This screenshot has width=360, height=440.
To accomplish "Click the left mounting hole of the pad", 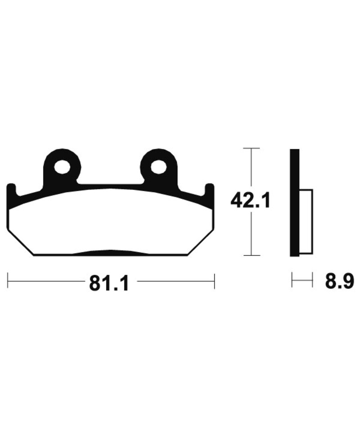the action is pyautogui.click(x=62, y=167).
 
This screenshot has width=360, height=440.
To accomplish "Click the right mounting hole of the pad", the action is pyautogui.click(x=158, y=167).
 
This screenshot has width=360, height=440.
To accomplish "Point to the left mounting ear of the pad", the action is pyautogui.click(x=62, y=167).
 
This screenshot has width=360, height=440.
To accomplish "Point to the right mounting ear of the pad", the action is pyautogui.click(x=159, y=167).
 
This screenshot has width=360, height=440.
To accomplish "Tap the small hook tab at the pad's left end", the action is pyautogui.click(x=11, y=191).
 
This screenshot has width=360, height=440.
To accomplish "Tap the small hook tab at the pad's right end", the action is pyautogui.click(x=210, y=191).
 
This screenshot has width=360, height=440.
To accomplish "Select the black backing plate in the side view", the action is pyautogui.click(x=294, y=202).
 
